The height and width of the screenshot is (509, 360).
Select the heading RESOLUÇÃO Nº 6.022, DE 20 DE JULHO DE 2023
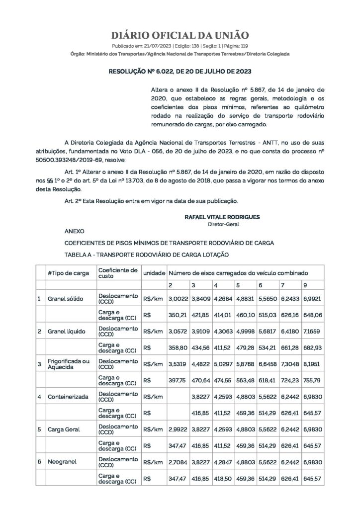[x=180, y=72]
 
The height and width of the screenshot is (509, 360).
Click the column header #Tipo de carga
[x=69, y=273]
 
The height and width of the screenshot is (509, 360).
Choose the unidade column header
[x=154, y=273]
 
